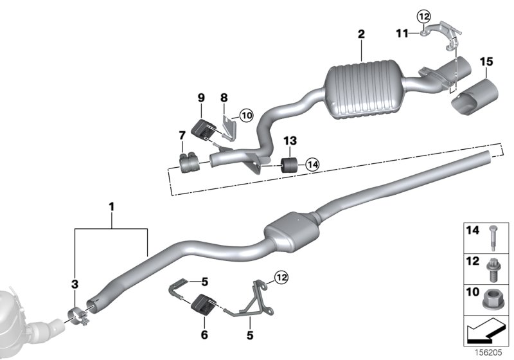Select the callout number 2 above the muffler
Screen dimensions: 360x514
361,33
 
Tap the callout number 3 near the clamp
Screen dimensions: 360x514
75,283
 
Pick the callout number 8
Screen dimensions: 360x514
224,98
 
